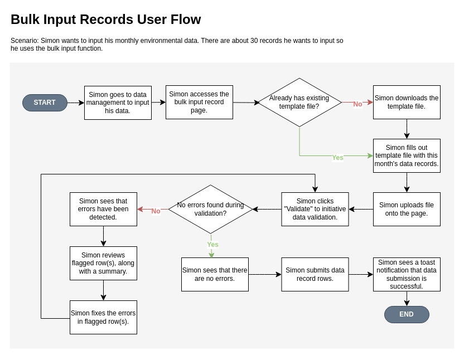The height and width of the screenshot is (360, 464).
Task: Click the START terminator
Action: [x=45, y=103]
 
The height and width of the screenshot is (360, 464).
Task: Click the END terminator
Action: [x=407, y=314]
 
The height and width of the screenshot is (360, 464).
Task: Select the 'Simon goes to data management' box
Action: [x=118, y=103]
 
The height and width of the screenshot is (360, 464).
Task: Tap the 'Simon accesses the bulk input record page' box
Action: [x=199, y=102]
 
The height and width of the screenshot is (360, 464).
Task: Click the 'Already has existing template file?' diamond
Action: [x=299, y=102]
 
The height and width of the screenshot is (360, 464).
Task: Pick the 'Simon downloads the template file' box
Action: [x=407, y=102]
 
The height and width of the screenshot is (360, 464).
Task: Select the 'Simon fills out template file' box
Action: [x=407, y=155]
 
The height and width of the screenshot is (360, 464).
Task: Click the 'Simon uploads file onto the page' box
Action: [x=407, y=209]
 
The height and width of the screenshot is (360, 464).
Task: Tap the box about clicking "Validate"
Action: [x=315, y=209]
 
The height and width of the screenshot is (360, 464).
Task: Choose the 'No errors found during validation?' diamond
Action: [x=210, y=209]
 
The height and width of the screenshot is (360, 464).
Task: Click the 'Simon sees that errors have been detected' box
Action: [x=103, y=209]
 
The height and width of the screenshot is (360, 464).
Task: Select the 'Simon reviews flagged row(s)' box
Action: [x=103, y=263]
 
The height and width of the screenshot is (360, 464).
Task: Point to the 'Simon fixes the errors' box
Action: [x=103, y=317]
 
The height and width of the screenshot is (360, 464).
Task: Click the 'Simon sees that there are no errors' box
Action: [x=215, y=274]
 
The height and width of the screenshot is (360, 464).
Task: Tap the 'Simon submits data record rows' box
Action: [x=315, y=274]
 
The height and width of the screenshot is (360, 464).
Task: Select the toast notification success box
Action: [x=407, y=274]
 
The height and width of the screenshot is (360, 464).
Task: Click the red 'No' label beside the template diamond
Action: [x=357, y=104]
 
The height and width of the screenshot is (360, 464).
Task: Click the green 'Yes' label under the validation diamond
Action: [x=212, y=245]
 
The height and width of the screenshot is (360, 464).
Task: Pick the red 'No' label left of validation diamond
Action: [x=156, y=211]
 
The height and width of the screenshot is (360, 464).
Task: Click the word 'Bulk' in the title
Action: [x=26, y=20]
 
